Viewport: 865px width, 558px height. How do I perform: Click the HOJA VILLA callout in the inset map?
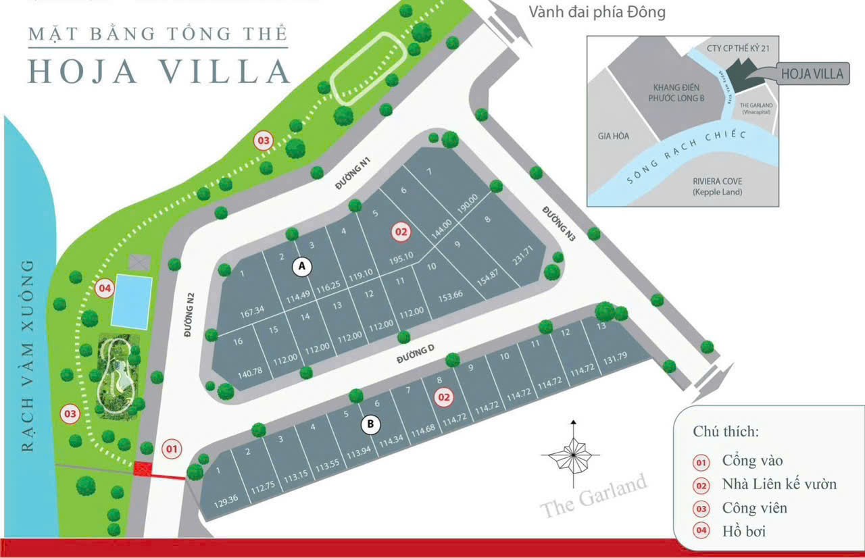pos(813,73)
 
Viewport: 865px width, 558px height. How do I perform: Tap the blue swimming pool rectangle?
pos(130,301)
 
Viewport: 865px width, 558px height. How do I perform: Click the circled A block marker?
pos(302,268)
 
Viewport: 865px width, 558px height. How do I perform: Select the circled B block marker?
pos(370,424)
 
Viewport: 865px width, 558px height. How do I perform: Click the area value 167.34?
pos(251,311)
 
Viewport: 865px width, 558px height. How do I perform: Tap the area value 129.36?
pos(226,500)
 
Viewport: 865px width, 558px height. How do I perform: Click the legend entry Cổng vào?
pos(752,461)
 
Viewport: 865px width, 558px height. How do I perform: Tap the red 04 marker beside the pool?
pos(104,288)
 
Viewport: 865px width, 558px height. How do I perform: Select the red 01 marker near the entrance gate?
pos(172,448)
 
